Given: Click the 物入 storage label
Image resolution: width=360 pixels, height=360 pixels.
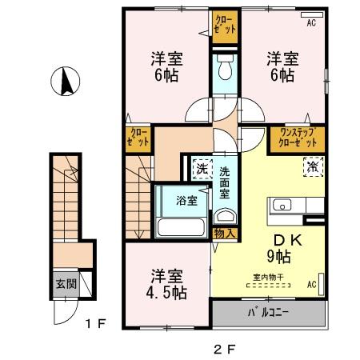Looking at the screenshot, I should (224, 234).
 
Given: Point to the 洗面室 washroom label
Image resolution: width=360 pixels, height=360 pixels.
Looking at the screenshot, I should (225, 182).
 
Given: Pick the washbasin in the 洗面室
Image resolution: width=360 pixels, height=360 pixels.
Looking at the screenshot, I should (224, 215).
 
